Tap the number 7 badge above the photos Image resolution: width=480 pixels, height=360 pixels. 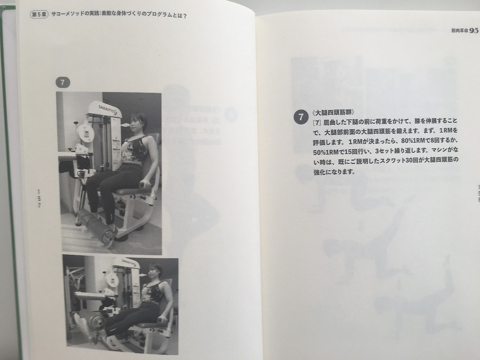63,82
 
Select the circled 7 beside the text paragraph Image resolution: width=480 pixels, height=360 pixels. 301,117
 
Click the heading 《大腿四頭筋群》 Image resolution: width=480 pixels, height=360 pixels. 333,112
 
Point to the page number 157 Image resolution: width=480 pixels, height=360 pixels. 39,199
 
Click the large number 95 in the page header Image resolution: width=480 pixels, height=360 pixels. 474,31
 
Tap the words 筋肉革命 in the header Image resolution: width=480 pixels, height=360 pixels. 459,31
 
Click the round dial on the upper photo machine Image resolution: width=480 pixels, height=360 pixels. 86,133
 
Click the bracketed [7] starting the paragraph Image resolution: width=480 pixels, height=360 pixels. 317,123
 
